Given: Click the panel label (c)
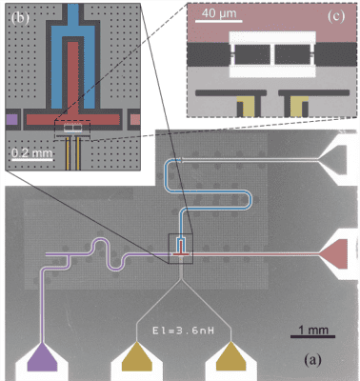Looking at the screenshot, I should (334, 18).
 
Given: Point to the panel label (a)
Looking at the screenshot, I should (314, 360).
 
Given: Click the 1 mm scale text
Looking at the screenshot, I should (305, 329).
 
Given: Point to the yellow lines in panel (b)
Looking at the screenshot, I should (71, 152).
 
